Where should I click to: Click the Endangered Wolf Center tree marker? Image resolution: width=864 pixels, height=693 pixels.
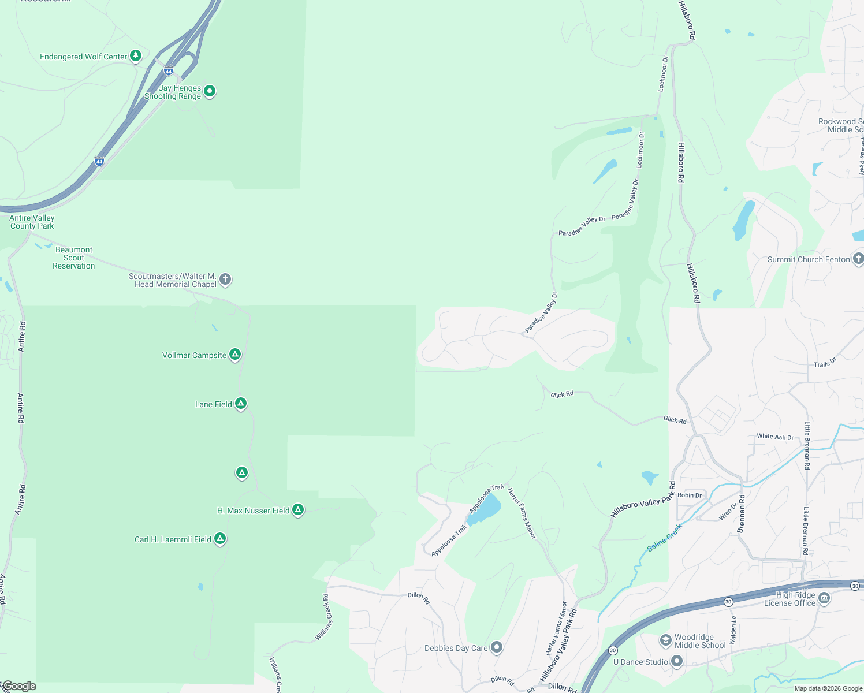point(136,56)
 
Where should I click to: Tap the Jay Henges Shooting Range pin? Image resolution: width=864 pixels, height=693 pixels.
point(210,91)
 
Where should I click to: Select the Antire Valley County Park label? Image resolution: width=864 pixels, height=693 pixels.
point(32,222)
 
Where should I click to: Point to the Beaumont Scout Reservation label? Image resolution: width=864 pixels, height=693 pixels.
point(73,258)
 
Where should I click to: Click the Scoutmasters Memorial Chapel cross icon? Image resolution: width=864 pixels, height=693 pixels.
point(225,280)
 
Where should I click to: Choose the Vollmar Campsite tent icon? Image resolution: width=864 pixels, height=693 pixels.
point(235,354)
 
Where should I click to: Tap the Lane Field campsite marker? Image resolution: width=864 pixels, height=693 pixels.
point(241,403)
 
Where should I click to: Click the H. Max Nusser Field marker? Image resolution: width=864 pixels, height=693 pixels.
point(298,509)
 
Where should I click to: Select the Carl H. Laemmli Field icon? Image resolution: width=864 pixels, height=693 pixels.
point(219,538)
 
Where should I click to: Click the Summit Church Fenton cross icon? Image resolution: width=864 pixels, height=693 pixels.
point(858,259)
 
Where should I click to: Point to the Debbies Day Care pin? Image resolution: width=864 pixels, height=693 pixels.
point(496,647)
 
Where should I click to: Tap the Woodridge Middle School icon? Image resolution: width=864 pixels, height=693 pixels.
point(666,640)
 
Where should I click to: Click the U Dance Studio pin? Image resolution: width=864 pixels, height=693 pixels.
point(677,661)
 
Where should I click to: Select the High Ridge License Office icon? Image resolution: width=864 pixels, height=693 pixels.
point(824,598)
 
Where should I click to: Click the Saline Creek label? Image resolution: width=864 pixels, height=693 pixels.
point(665,537)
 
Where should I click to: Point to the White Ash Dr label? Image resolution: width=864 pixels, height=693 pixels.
point(775,437)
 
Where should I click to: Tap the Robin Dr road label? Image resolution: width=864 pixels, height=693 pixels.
point(690,495)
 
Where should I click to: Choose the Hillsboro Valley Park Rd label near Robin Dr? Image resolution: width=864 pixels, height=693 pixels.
point(643,500)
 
